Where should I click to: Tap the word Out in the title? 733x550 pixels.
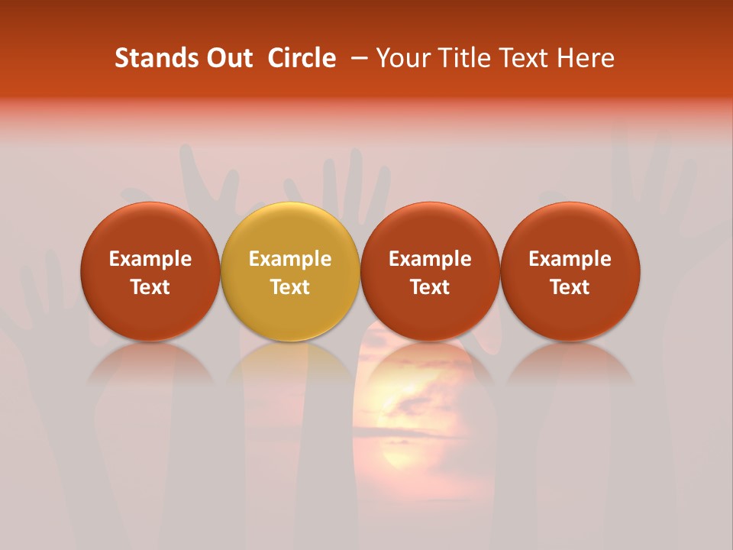point(228,58)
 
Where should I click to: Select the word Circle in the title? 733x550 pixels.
point(302,58)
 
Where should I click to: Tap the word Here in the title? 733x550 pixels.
point(586,58)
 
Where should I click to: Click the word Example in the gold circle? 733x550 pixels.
point(290,259)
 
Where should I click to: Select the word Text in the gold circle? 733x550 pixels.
point(290,287)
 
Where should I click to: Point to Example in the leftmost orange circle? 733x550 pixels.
point(150,259)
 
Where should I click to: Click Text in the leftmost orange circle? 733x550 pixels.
point(150,287)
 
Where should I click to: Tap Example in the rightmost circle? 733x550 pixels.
point(570,259)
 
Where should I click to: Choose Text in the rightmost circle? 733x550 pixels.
point(570,287)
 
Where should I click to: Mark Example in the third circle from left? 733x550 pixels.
point(430,259)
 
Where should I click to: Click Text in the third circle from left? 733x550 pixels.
point(430,287)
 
